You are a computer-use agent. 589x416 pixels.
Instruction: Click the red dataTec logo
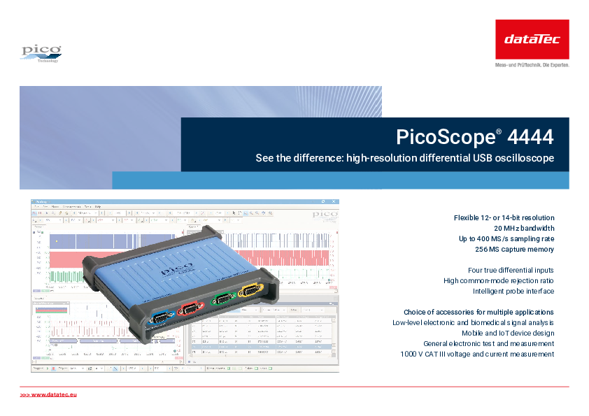(x=532, y=39)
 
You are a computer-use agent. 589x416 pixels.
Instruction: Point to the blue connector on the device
(x=160, y=318)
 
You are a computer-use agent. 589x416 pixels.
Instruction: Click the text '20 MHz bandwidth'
(x=524, y=228)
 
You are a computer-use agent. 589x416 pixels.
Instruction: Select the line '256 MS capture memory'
(x=514, y=249)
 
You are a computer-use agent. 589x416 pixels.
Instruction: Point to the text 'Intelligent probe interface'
(x=513, y=291)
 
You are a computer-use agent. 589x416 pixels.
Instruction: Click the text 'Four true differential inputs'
(x=511, y=270)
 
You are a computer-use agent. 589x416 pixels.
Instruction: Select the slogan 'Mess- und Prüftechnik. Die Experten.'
(x=532, y=64)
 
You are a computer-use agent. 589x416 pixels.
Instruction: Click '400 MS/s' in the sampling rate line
(x=500, y=238)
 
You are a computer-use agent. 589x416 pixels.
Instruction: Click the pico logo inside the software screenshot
(x=325, y=214)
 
